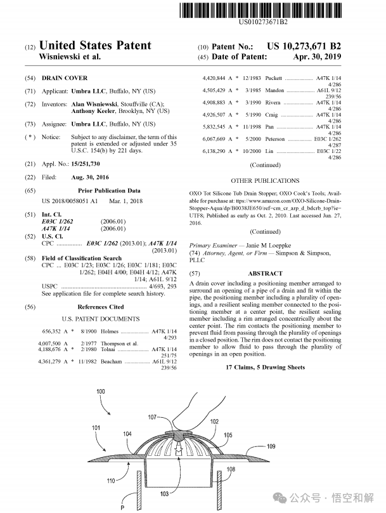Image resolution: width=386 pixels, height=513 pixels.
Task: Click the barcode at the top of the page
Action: coord(263,10)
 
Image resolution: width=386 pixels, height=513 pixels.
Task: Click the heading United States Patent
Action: coord(95,45)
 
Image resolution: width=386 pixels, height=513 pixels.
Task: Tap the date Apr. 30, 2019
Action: coord(317,57)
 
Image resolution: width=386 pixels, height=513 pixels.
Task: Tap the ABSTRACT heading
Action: coord(265,273)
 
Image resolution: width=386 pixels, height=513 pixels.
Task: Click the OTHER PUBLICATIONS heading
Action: coord(265,181)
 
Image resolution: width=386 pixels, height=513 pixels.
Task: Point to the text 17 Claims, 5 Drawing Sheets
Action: coord(265,368)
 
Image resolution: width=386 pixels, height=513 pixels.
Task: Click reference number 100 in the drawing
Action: coord(101,392)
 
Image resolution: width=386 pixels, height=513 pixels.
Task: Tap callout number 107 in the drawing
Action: coord(152,417)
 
